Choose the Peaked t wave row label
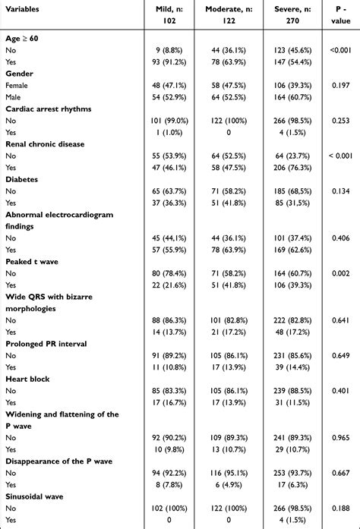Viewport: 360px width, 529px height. click(x=32, y=260)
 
